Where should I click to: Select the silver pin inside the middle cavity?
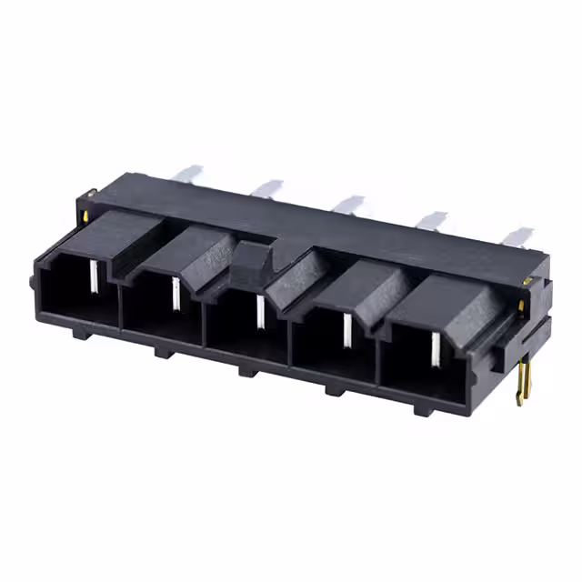(x=259, y=310)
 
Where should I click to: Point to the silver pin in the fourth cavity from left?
(x=346, y=330)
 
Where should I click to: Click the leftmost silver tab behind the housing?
(x=189, y=173)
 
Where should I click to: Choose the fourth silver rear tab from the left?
(x=432, y=220)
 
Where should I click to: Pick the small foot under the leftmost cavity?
(x=80, y=334)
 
